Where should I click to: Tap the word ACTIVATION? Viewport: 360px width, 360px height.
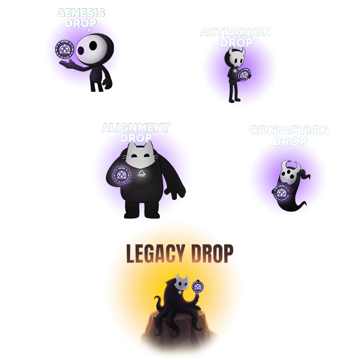click(236, 32)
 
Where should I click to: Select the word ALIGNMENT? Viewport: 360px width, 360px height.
click(136, 128)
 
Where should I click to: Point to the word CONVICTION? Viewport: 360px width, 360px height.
click(289, 130)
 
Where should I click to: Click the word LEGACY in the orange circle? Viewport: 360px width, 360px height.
click(155, 254)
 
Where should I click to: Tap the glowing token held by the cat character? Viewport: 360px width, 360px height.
click(121, 174)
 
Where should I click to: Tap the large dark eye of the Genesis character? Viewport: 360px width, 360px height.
click(81, 51)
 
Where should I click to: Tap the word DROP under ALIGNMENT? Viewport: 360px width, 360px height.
click(136, 138)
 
